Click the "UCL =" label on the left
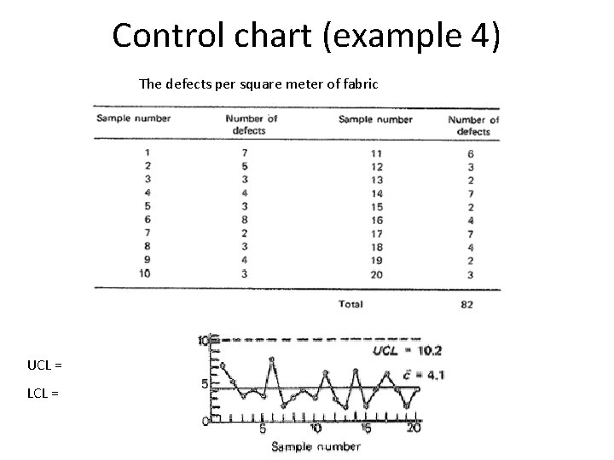[44, 365]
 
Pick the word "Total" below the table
[350, 303]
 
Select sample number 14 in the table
[376, 193]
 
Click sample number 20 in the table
[376, 275]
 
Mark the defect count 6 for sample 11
[471, 153]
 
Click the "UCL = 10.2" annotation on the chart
[408, 350]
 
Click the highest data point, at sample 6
[272, 359]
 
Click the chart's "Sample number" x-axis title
[316, 447]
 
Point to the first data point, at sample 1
[222, 365]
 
